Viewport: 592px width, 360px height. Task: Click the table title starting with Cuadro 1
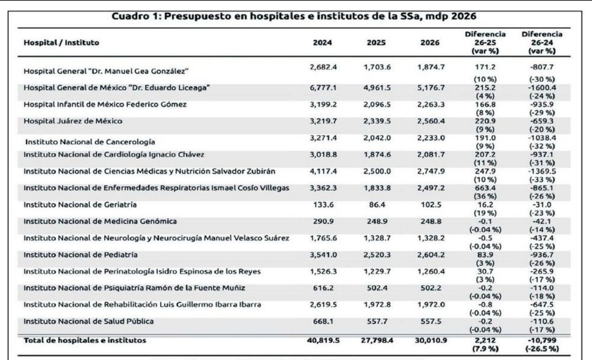pyautogui.click(x=294, y=16)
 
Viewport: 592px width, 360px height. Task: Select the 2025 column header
pyautogui.click(x=376, y=43)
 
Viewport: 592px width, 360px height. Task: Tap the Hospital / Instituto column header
pyautogui.click(x=61, y=43)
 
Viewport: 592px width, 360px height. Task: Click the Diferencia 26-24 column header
pyautogui.click(x=542, y=43)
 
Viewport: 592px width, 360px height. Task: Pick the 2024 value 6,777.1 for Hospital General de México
pyautogui.click(x=323, y=88)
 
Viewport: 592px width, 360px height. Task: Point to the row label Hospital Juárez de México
pyautogui.click(x=73, y=121)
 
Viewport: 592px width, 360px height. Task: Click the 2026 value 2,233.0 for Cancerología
pyautogui.click(x=431, y=138)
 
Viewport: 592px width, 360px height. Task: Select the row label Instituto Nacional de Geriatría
pyautogui.click(x=80, y=205)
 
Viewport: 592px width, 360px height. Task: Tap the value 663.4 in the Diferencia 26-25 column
pyautogui.click(x=485, y=188)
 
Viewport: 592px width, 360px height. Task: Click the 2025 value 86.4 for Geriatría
pyautogui.click(x=377, y=205)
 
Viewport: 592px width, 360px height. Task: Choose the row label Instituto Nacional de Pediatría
pyautogui.click(x=80, y=255)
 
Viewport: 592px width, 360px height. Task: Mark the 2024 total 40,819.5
pyautogui.click(x=323, y=341)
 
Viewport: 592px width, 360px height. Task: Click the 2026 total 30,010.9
pyautogui.click(x=431, y=341)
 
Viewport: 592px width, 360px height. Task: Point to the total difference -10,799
pyautogui.click(x=542, y=341)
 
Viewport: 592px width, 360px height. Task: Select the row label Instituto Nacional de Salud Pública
pyautogui.click(x=88, y=322)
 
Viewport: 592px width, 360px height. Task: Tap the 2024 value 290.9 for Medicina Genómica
pyautogui.click(x=323, y=221)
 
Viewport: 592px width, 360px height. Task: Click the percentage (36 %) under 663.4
pyautogui.click(x=485, y=196)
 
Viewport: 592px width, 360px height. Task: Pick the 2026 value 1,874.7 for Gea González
pyautogui.click(x=431, y=67)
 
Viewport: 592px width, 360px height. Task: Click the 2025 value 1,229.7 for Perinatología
pyautogui.click(x=377, y=272)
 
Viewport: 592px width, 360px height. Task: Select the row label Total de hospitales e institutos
pyautogui.click(x=85, y=341)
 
